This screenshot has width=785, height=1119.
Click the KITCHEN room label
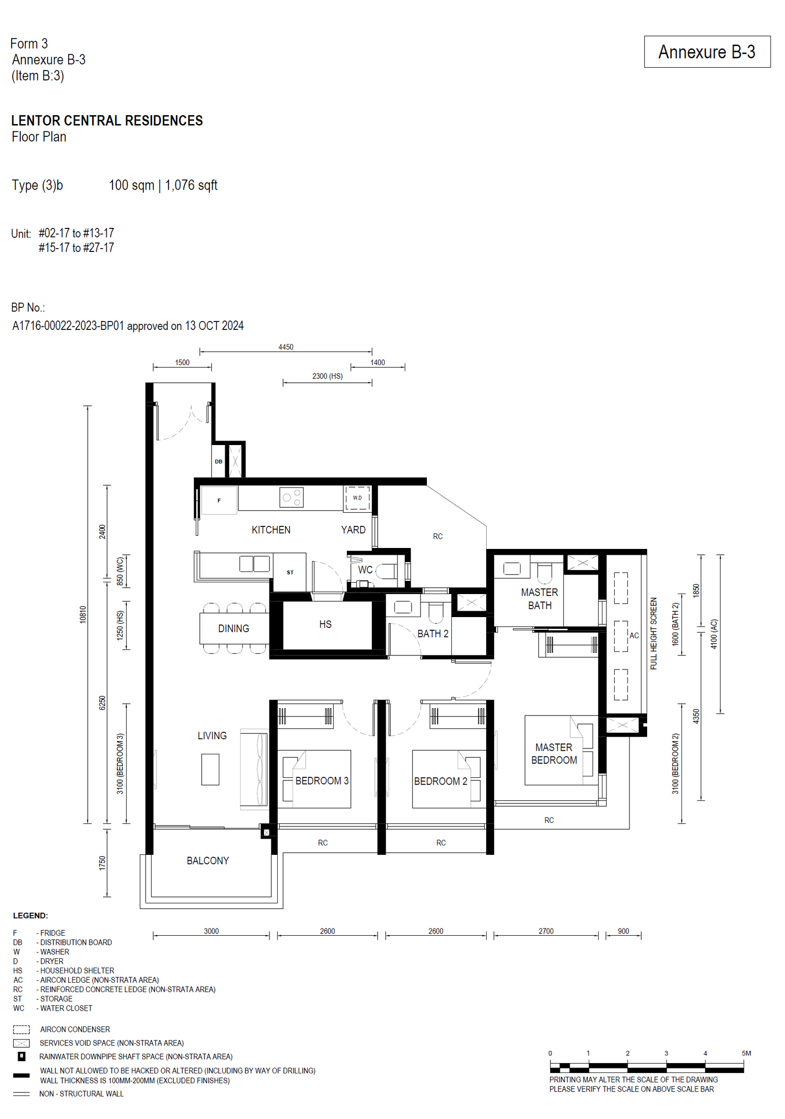tap(271, 530)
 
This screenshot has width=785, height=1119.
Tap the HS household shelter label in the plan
tap(325, 624)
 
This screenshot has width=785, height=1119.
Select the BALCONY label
tap(208, 861)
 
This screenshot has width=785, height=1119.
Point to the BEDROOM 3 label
tap(322, 781)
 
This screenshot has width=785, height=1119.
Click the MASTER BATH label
tap(540, 599)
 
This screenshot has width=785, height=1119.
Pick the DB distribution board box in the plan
tap(218, 461)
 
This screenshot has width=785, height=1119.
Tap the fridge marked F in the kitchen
tap(219, 500)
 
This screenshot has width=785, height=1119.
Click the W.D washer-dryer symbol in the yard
tap(357, 498)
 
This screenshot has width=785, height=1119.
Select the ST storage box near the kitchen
tap(290, 572)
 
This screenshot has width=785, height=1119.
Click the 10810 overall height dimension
tap(83, 615)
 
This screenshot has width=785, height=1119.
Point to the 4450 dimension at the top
tap(286, 347)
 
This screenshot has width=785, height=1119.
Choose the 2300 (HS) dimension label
tap(327, 376)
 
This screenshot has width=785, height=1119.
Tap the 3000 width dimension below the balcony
tap(211, 931)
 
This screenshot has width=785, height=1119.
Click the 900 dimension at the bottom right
tap(623, 931)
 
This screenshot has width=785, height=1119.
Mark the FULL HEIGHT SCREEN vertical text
tap(654, 633)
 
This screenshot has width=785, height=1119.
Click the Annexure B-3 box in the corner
tap(707, 51)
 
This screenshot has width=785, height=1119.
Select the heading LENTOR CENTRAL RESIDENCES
tap(107, 121)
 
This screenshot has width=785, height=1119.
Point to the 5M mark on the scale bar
tap(746, 1053)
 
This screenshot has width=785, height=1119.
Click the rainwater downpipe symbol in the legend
tap(22, 1056)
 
